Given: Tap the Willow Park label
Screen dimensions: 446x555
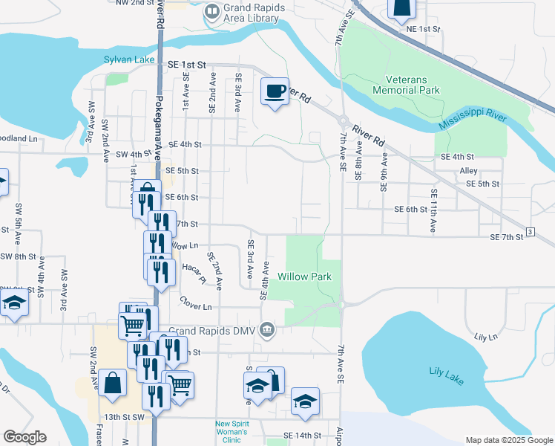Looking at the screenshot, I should click(304, 277).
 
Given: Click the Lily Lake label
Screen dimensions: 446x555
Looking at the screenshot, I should click(447, 375).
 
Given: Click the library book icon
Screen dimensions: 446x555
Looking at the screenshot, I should click(212, 10).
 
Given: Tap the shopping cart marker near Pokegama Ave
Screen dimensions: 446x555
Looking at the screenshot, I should click(133, 323).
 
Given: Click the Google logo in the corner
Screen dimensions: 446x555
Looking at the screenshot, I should click(24, 437).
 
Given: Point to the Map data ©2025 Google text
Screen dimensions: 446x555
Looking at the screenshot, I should click(508, 440).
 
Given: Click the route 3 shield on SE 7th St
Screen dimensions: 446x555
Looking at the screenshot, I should click(530, 233).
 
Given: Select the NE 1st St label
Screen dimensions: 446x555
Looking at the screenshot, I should click(424, 29).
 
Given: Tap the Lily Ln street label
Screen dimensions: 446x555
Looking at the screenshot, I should click(485, 337).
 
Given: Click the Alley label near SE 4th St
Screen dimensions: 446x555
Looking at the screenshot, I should click(468, 170).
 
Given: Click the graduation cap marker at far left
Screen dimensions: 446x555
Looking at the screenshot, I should click(13, 303).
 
